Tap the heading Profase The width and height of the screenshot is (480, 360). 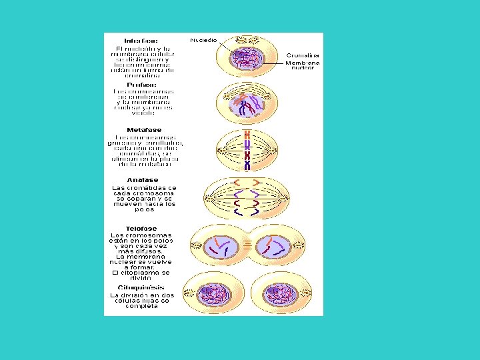click(x=142, y=85)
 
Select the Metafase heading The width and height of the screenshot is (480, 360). click(x=143, y=130)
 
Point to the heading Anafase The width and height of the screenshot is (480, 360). click(x=143, y=180)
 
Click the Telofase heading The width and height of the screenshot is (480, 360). click(x=141, y=229)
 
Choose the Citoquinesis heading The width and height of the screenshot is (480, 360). click(x=141, y=288)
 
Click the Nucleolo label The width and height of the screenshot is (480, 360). click(x=203, y=40)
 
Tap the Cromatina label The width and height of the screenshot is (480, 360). click(x=303, y=55)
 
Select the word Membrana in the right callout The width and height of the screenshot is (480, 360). click(x=303, y=63)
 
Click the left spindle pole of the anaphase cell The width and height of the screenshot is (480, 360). click(x=212, y=198)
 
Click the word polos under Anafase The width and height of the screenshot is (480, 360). click(x=144, y=209)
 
